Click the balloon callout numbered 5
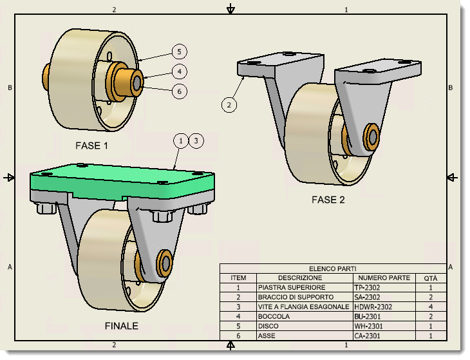(180, 52)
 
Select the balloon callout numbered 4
(180, 71)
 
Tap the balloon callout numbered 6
(180, 91)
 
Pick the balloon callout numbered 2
(230, 103)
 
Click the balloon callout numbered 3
(196, 140)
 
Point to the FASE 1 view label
(91, 146)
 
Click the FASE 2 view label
(328, 200)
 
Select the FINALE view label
(122, 326)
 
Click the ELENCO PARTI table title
(332, 269)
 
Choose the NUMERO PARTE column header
(384, 278)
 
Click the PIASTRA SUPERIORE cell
(292, 287)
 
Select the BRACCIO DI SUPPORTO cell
(296, 297)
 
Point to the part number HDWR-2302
(373, 307)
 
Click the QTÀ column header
(430, 278)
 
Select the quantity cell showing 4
(430, 307)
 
